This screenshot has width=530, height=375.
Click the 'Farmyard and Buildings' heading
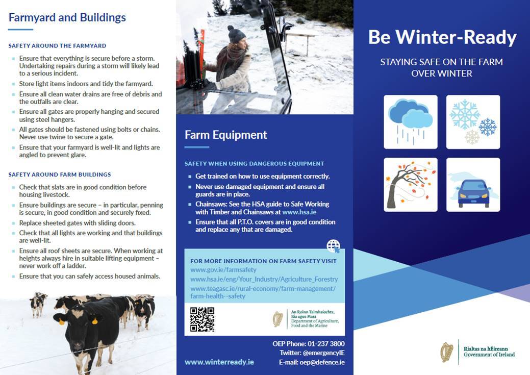67,17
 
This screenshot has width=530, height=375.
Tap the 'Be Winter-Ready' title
442,37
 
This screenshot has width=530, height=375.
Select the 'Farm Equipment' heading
226,135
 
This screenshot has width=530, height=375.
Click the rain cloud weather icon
410,122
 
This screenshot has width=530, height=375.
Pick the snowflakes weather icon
473,122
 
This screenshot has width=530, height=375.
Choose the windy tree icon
410,185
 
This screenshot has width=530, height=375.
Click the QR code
202,319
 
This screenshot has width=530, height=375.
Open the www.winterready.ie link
219,362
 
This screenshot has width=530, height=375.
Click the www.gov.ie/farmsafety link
223,270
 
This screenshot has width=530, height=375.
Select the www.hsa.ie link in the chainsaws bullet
299,212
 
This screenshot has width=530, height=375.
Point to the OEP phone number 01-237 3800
326,343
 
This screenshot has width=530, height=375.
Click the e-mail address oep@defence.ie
322,362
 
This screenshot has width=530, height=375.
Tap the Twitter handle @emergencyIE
324,353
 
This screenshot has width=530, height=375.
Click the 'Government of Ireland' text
489,355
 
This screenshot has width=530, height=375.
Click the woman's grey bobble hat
236,34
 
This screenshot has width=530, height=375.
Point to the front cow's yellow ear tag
95,321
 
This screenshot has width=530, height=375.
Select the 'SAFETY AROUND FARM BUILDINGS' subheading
60,174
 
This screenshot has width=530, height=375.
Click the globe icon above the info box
333,246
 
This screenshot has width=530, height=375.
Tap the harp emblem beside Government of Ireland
447,352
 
